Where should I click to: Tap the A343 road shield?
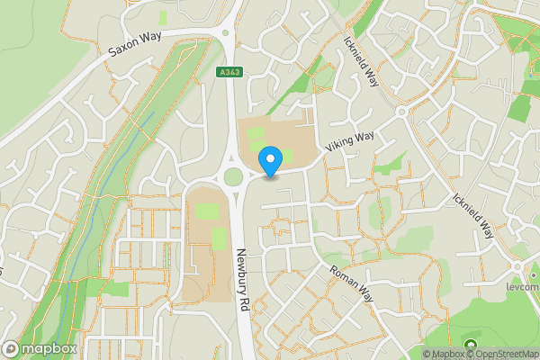229,71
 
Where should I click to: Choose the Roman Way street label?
351,282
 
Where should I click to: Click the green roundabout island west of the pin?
235,176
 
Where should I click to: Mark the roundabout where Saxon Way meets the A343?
230,36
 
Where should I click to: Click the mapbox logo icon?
11,348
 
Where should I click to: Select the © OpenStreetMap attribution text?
502,354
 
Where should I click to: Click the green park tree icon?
469,346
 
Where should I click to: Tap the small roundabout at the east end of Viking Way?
402,112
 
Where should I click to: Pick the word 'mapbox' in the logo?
49,349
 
